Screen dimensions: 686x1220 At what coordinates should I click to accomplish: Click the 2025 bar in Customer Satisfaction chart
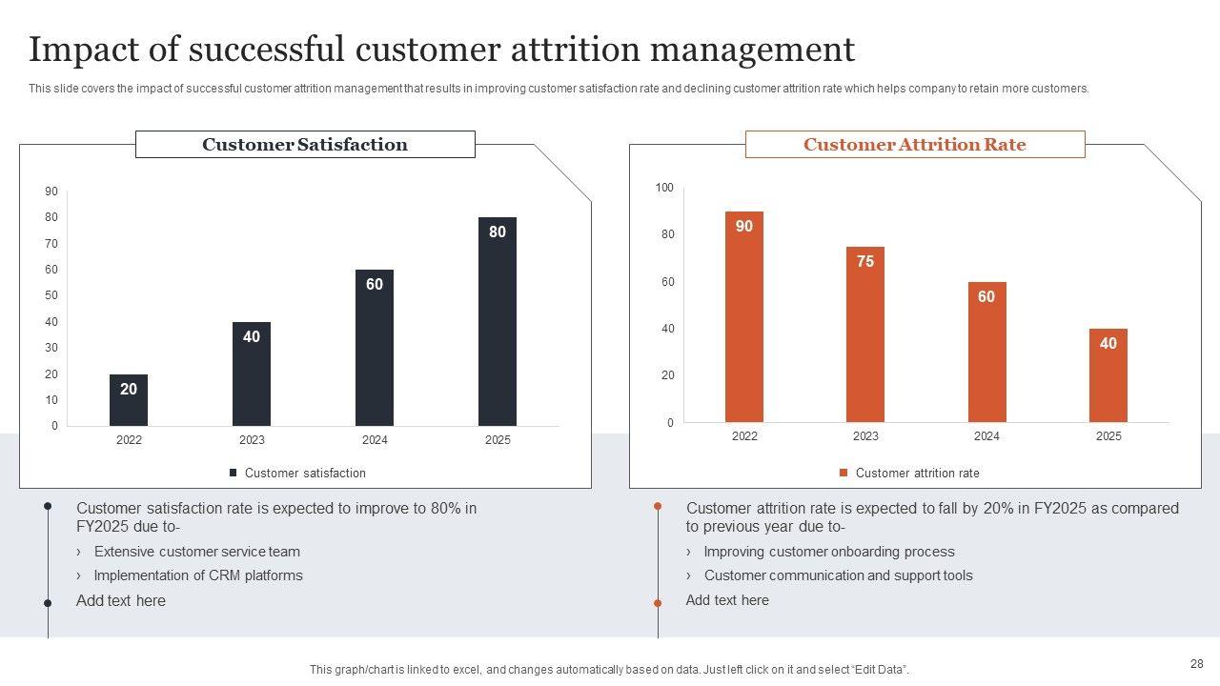pos(498,324)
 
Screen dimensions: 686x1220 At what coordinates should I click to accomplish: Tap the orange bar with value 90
pos(744,319)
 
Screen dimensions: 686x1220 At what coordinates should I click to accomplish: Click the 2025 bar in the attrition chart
pos(1108,376)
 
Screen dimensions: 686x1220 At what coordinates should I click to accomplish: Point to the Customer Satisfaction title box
pos(305,145)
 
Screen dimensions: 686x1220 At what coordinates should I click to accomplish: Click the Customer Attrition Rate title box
pos(915,145)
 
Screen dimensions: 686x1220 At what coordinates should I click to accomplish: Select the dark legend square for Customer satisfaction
pos(234,473)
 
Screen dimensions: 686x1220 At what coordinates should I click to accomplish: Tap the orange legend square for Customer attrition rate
pos(844,473)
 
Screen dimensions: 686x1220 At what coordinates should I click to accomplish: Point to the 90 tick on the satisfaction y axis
pos(51,192)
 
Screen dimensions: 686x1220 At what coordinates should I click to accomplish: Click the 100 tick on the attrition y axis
pos(664,188)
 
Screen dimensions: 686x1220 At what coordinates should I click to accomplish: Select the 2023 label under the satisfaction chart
pos(252,440)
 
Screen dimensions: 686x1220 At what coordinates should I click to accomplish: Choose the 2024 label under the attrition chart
pos(986,436)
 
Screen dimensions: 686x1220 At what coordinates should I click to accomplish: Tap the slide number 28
pos(1197,664)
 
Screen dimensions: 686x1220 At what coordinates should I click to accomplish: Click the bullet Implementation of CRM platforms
pos(198,575)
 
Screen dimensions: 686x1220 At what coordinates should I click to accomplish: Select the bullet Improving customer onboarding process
pos(829,552)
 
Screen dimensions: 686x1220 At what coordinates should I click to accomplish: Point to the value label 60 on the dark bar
pos(375,284)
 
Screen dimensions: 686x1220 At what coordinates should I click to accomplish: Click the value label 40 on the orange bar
pos(1108,343)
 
